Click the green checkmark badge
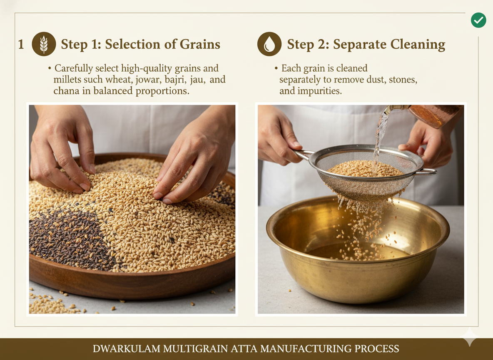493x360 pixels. click(x=478, y=20)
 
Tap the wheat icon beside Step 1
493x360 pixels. click(x=44, y=44)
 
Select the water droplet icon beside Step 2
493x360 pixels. click(x=269, y=44)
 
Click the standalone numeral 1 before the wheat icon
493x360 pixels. click(x=21, y=45)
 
